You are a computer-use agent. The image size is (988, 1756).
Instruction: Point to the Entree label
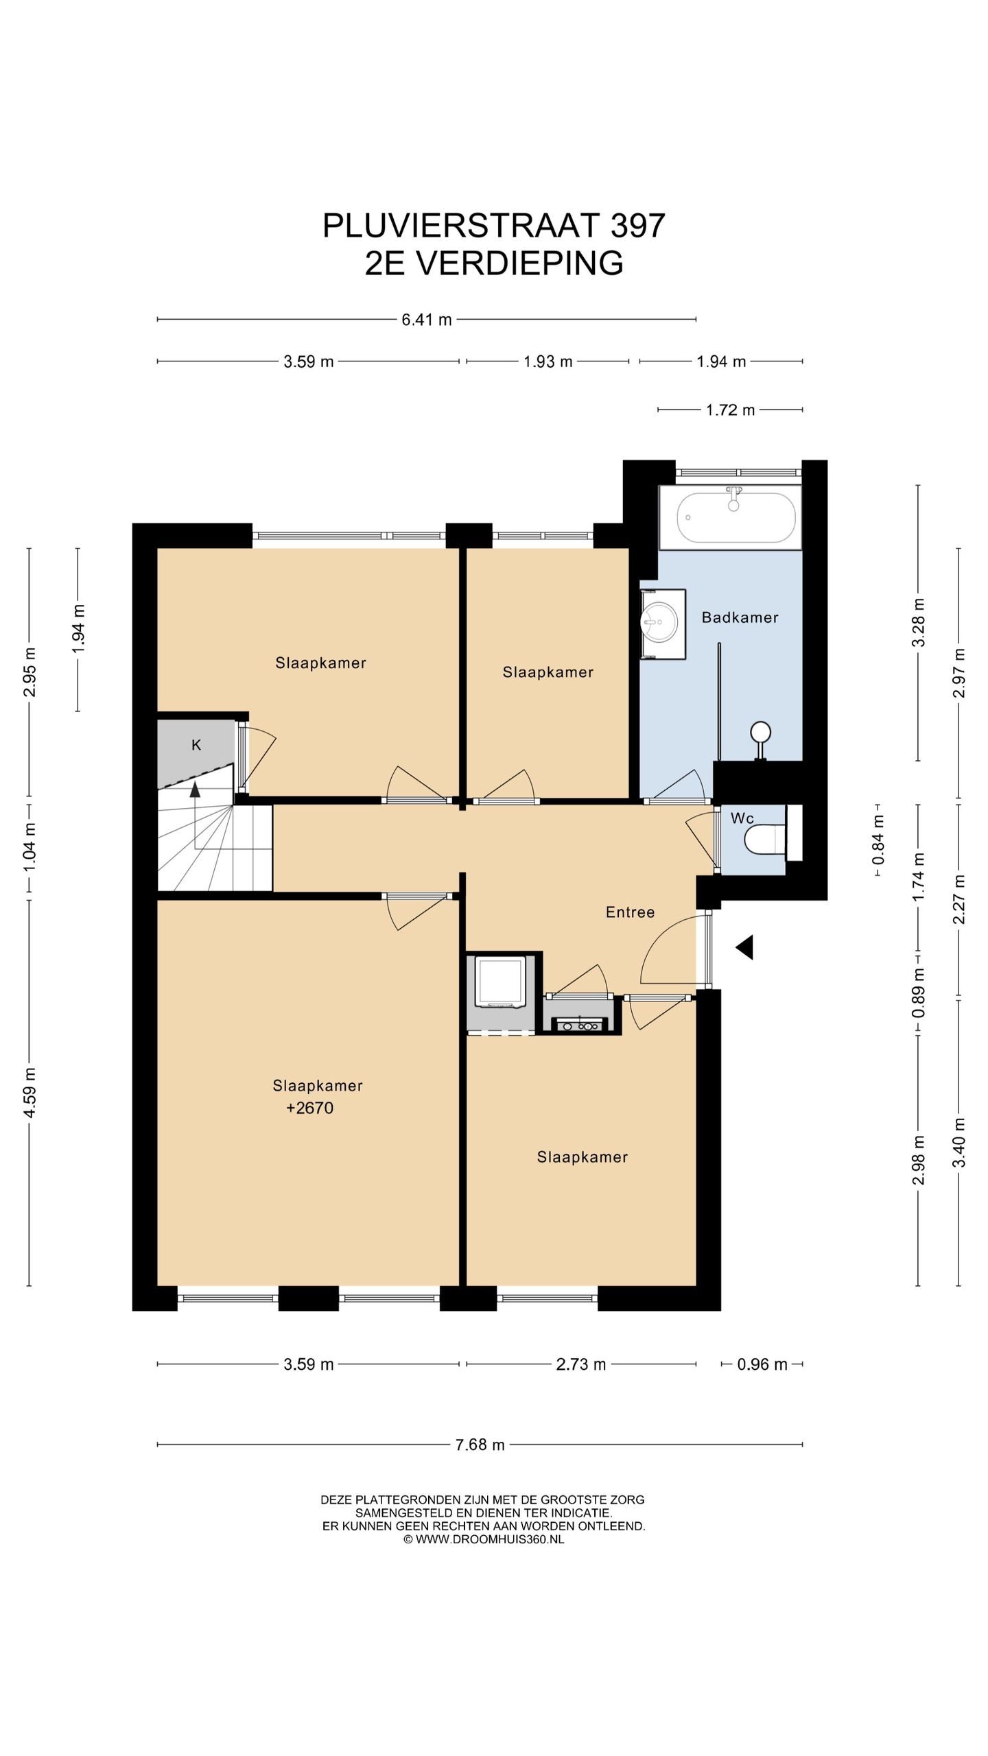click(x=630, y=912)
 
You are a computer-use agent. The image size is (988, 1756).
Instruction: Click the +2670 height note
click(x=309, y=1108)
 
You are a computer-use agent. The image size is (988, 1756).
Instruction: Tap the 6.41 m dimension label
click(x=427, y=320)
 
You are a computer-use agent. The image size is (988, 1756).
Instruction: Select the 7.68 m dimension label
click(x=480, y=1445)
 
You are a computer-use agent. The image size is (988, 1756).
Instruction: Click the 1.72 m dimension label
click(x=730, y=410)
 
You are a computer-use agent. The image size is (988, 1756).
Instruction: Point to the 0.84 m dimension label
click(x=878, y=840)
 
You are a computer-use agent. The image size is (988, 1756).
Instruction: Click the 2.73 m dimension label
click(x=581, y=1364)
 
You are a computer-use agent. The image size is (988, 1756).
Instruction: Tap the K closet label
click(x=196, y=745)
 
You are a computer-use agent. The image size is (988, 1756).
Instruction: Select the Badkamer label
click(x=740, y=617)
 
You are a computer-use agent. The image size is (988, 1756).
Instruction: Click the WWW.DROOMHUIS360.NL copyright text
click(x=489, y=1539)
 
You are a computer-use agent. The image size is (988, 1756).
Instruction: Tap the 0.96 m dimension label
click(x=762, y=1364)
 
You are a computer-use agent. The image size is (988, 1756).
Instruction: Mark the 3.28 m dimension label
click(x=919, y=622)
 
